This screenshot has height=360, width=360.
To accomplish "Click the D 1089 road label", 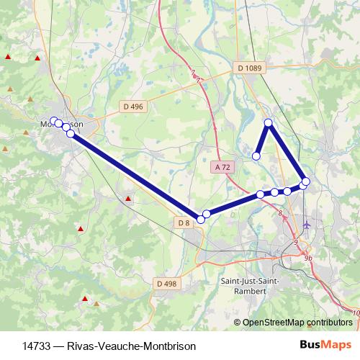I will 250,68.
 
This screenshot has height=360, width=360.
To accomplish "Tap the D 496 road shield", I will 133,106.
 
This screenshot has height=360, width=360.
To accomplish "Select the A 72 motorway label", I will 223,166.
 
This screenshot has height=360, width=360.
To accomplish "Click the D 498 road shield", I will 165,284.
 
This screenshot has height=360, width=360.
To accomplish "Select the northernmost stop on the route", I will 269,123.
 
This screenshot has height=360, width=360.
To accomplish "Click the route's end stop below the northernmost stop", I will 256,156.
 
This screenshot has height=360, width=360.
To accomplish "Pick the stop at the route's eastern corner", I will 306,181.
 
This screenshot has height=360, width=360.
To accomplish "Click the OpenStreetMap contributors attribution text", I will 298,323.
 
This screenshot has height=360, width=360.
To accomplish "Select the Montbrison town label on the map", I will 61,124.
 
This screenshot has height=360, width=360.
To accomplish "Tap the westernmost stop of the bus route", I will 53,120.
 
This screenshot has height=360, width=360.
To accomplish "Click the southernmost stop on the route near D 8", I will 201,219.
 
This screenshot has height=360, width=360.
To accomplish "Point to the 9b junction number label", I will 308,258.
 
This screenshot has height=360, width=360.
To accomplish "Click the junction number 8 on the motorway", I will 280,213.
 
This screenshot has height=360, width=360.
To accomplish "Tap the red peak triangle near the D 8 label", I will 128,198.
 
